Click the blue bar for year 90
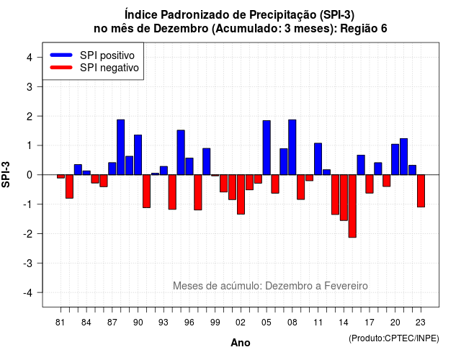[138, 155]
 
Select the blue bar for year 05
[267, 148]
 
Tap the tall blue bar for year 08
[292, 147]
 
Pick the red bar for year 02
[241, 194]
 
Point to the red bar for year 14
[344, 198]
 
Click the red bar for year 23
[421, 191]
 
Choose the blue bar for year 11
[318, 159]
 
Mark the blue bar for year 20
[395, 160]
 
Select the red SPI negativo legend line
[61, 68]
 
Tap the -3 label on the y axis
[28, 264]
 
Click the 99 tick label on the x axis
[215, 323]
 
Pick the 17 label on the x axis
[370, 323]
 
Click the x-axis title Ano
[241, 343]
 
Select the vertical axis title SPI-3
[6, 174]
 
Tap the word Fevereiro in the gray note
[346, 286]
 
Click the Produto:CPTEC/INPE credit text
[394, 338]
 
